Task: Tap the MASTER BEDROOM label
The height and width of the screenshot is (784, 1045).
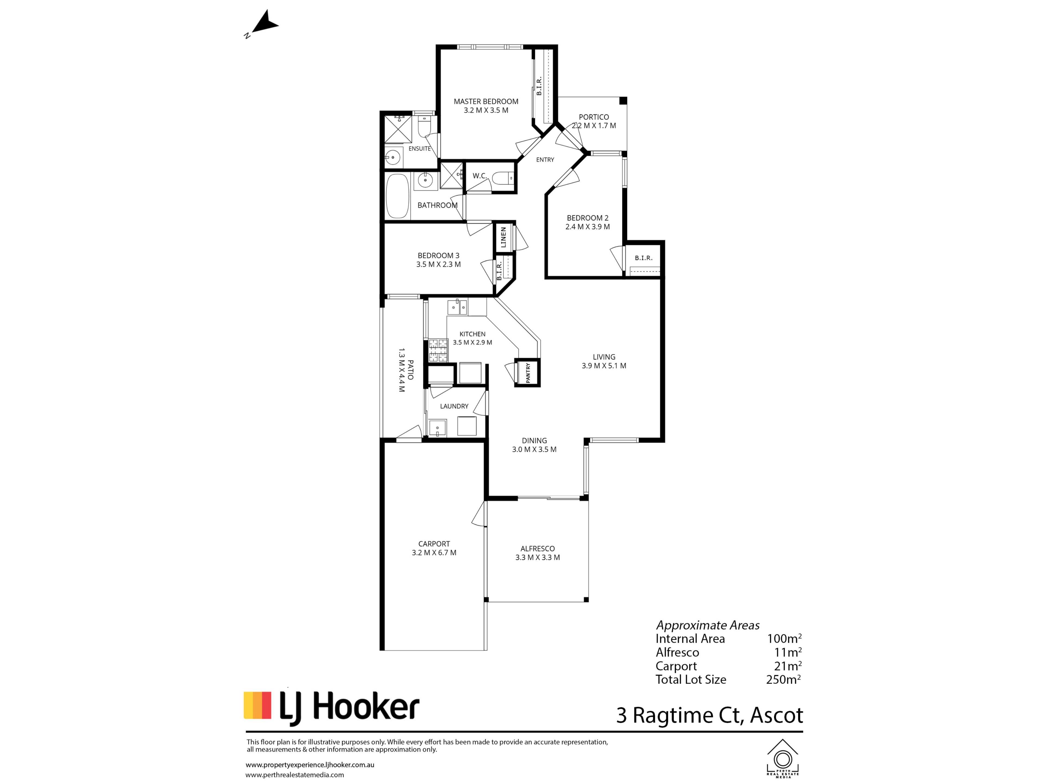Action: [486, 102]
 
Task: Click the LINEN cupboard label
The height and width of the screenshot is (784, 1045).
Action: [503, 237]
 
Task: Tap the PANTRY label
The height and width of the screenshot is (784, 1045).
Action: [528, 373]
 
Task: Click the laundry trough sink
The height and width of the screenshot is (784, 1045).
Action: [438, 428]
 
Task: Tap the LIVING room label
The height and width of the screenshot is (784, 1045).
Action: [604, 357]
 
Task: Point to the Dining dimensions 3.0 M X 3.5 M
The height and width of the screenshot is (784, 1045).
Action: [534, 449]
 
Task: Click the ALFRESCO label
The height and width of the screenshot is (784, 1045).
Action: [538, 549]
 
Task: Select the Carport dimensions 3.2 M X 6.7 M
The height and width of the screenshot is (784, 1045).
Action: [434, 552]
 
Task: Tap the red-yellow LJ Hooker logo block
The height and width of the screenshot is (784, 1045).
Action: [257, 706]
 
